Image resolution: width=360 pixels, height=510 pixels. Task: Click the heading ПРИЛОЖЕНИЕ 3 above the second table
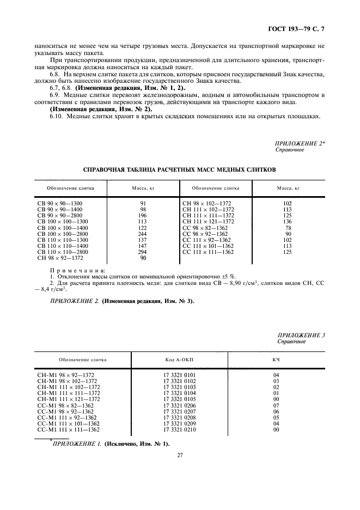pos(301,335)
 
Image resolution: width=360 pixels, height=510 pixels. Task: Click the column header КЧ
pos(276,360)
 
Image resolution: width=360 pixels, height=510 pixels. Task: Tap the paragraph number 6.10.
pos(57,116)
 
